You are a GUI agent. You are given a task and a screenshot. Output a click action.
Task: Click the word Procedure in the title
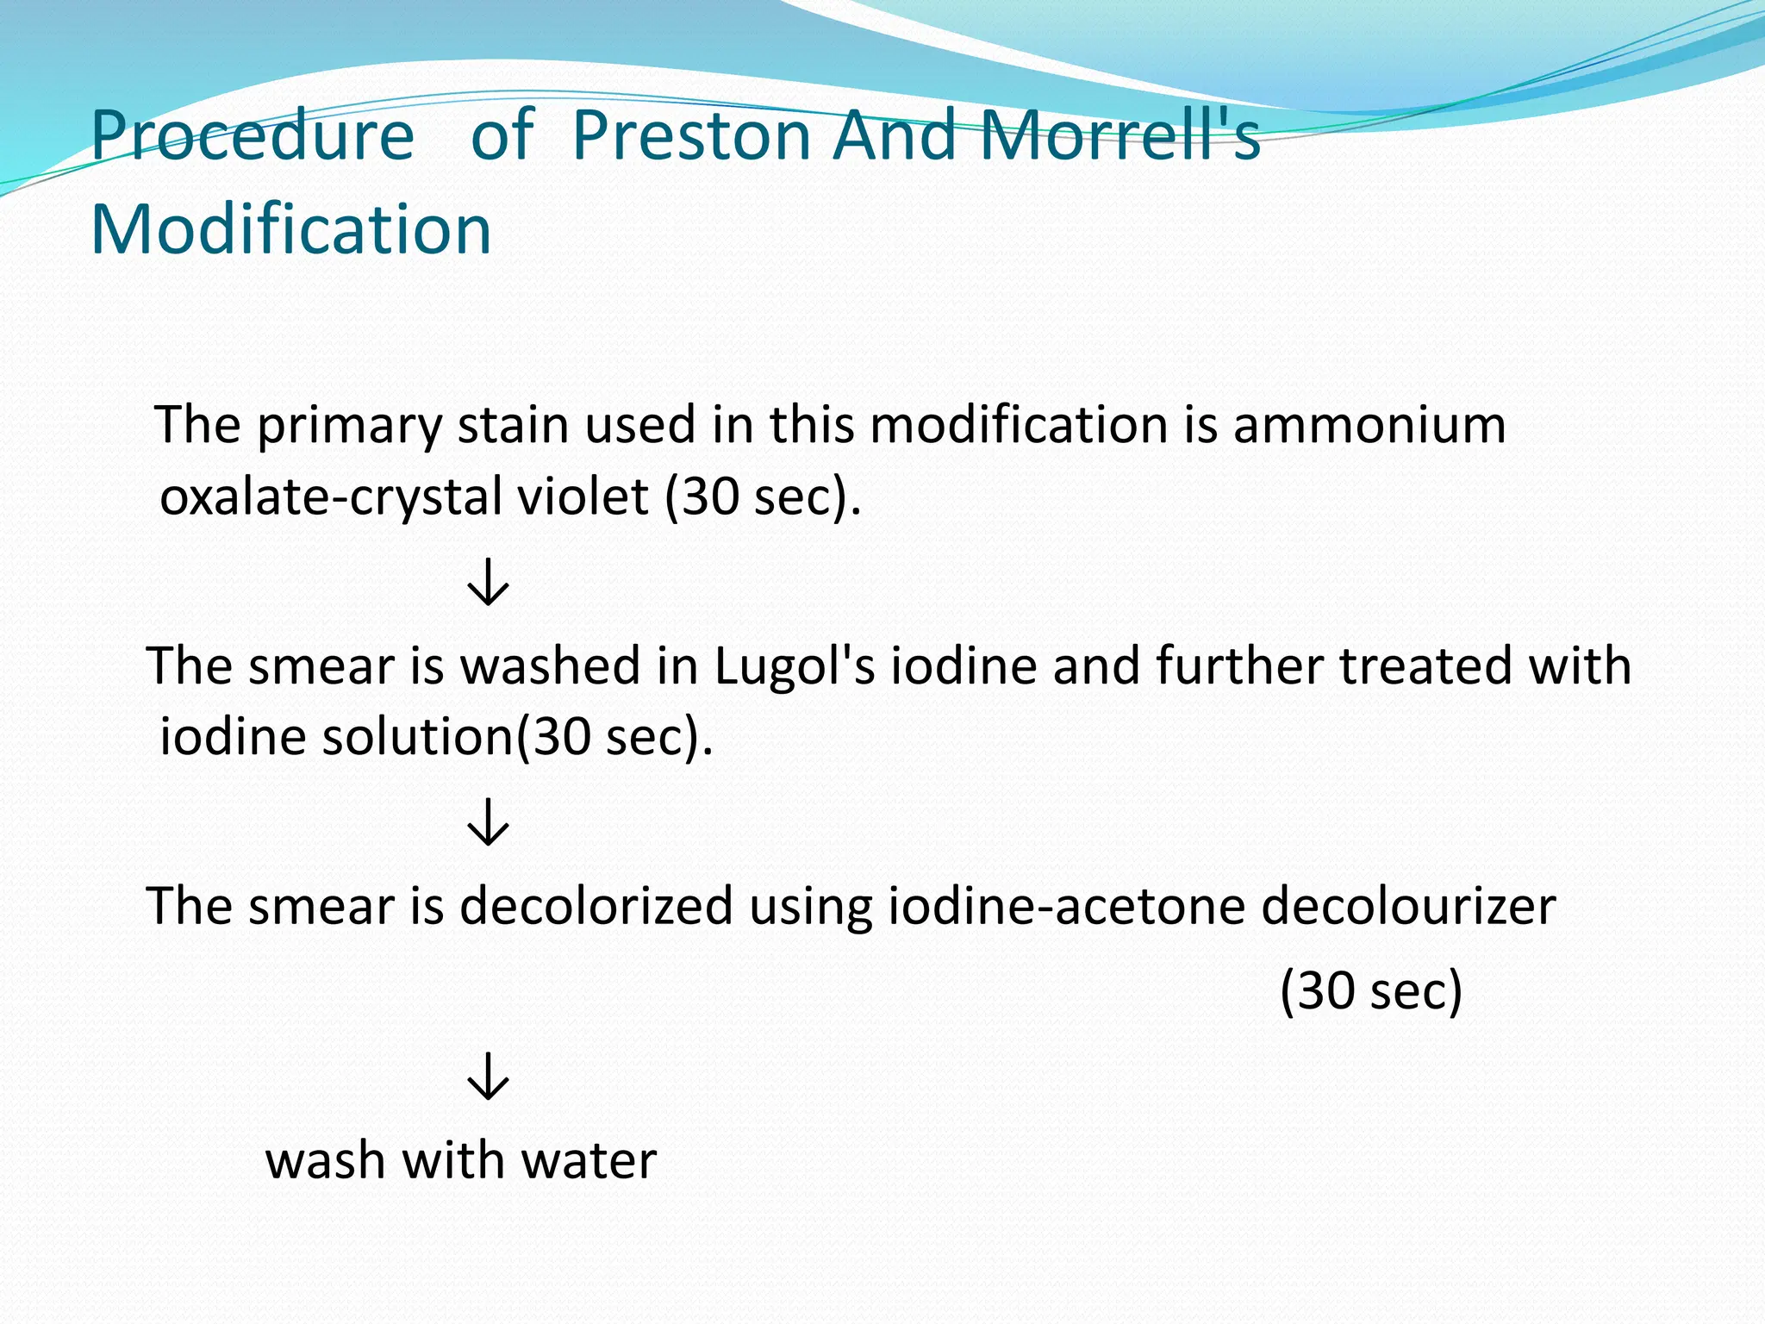pyautogui.click(x=252, y=136)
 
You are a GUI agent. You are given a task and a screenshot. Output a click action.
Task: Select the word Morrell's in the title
pyautogui.click(x=1119, y=136)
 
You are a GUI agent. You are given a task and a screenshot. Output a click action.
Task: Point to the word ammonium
pyautogui.click(x=1369, y=425)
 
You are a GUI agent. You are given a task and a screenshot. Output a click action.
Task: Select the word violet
pyautogui.click(x=591, y=497)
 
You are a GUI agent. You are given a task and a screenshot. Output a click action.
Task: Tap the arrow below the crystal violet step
pyautogui.click(x=489, y=582)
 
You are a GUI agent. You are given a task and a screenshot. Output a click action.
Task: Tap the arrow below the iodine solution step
pyautogui.click(x=489, y=822)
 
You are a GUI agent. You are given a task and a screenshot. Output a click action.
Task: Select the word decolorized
pyautogui.click(x=596, y=906)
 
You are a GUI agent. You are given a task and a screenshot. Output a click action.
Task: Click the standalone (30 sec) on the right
pyautogui.click(x=1371, y=990)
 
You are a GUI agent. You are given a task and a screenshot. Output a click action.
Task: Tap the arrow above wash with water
pyautogui.click(x=489, y=1076)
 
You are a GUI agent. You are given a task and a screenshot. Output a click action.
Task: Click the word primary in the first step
pyautogui.click(x=349, y=427)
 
